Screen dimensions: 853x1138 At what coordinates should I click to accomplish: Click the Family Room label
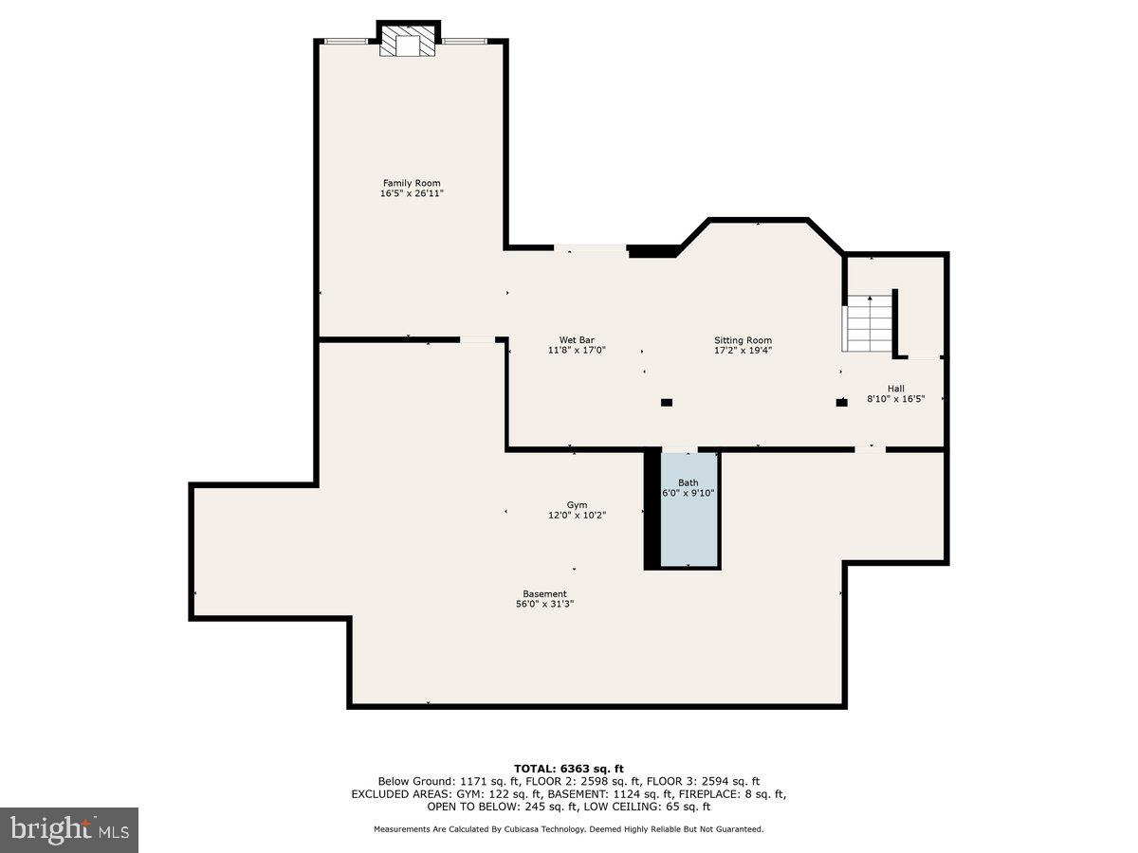point(412,183)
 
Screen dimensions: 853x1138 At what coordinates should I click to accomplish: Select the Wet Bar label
point(577,340)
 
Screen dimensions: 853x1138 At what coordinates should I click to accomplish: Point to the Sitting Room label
point(743,340)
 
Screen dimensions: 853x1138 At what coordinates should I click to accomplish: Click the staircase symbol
point(870,323)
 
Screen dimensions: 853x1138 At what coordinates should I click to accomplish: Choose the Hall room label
point(896,389)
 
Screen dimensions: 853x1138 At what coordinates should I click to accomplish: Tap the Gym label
point(577,505)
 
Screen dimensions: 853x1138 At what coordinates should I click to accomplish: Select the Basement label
point(544,594)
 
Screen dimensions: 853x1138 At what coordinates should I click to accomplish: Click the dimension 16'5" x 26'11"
point(412,193)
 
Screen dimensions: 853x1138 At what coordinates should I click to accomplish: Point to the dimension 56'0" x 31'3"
point(544,604)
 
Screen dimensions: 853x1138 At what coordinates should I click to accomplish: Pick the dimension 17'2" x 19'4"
point(743,350)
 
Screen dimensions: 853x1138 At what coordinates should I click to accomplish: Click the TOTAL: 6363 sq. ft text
point(568,769)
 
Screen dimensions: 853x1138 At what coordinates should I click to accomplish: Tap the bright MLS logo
point(69,829)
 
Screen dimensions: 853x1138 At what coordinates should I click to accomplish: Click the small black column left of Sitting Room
point(667,403)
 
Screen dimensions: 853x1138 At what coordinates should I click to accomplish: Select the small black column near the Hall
point(841,403)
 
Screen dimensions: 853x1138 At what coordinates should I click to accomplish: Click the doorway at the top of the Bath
point(679,449)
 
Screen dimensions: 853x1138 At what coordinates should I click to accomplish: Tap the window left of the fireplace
point(346,41)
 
